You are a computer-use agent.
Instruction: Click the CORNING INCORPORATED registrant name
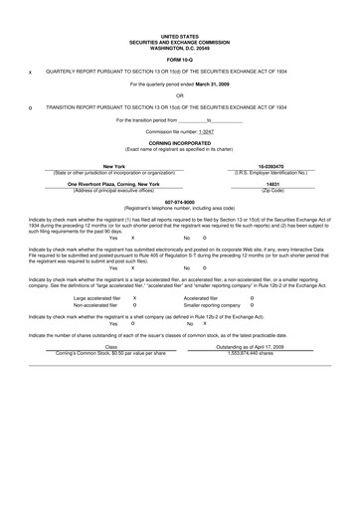point(180,142)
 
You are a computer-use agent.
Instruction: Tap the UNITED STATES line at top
point(180,34)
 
